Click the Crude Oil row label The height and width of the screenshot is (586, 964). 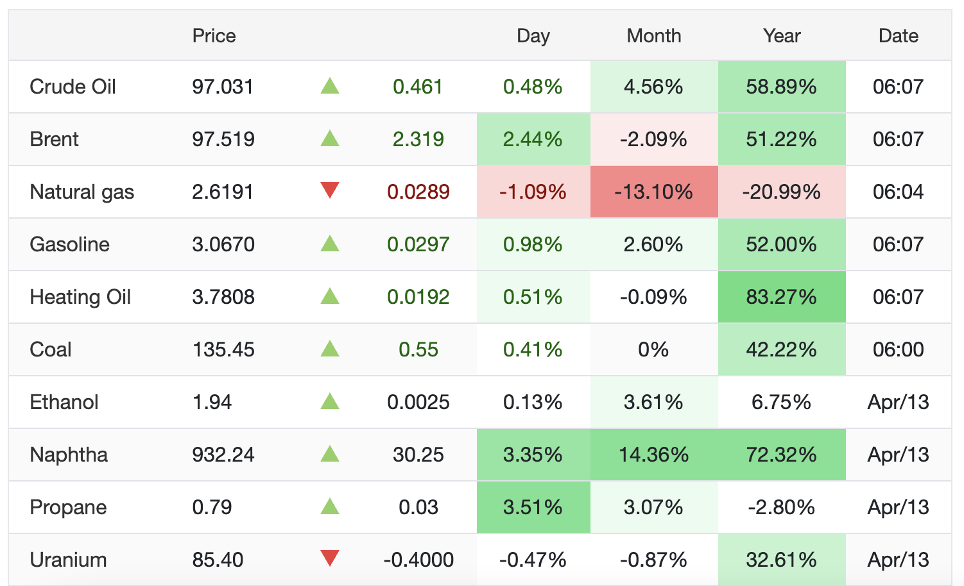(x=73, y=87)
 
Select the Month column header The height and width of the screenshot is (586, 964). (x=653, y=36)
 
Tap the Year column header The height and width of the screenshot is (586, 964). (x=781, y=36)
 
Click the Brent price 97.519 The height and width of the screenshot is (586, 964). (x=223, y=139)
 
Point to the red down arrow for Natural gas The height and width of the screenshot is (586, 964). (x=330, y=190)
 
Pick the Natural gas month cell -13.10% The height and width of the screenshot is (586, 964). (x=653, y=192)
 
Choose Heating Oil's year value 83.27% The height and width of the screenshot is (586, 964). (x=781, y=297)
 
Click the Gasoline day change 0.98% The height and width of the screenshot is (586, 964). (x=533, y=244)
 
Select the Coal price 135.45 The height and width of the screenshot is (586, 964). (x=223, y=349)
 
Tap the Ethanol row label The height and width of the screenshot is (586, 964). (x=64, y=402)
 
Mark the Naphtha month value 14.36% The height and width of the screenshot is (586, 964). (x=653, y=455)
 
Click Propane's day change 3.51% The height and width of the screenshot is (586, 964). (x=533, y=507)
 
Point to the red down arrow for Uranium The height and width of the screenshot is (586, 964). (x=330, y=558)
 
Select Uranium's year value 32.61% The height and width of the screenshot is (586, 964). (x=781, y=560)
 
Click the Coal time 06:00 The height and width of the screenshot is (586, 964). (x=898, y=349)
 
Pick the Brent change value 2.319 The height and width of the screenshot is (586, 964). (x=418, y=139)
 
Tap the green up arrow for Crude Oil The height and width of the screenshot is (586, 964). (x=330, y=85)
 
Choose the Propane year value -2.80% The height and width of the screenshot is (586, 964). (x=781, y=507)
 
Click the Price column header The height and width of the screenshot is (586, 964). (x=214, y=36)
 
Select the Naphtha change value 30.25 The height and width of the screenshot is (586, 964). (x=418, y=455)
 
